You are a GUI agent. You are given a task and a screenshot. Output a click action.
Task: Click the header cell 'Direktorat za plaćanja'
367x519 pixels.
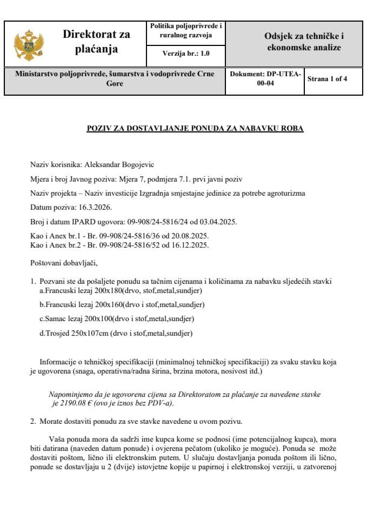(96, 42)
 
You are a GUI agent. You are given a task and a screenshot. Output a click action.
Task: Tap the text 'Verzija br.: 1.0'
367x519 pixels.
(186, 54)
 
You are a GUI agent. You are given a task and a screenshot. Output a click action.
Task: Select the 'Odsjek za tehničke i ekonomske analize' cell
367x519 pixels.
(304, 42)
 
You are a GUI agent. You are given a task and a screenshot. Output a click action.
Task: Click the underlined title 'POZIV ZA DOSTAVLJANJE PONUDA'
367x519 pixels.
(195, 129)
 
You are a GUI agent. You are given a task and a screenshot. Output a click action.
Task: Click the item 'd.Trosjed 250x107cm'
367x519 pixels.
(116, 333)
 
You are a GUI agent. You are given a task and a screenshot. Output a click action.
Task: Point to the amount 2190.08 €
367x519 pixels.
(74, 403)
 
